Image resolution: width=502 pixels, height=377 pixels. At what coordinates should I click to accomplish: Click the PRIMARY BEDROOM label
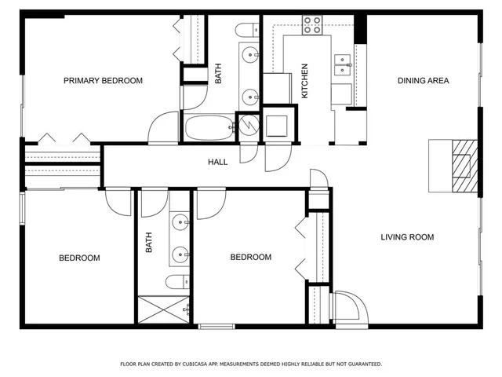click(x=103, y=81)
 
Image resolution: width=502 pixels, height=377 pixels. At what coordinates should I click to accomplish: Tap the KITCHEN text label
click(x=305, y=81)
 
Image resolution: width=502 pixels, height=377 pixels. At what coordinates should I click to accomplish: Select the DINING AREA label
click(x=423, y=81)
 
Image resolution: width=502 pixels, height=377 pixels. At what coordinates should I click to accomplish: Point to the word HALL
click(x=217, y=163)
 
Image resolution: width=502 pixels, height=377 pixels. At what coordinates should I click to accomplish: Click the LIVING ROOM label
click(x=407, y=237)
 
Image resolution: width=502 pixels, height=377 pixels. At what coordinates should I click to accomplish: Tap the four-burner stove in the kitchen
click(x=312, y=25)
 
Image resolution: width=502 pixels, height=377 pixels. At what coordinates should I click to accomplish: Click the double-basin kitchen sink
click(x=343, y=65)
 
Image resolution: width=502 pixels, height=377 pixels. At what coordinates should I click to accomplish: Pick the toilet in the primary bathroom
click(x=246, y=32)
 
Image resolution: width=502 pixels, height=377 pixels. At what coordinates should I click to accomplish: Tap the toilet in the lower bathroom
click(x=176, y=281)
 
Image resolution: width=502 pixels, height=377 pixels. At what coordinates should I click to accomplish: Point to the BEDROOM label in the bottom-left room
click(x=79, y=258)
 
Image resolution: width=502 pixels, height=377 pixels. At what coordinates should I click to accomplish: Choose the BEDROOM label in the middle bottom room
click(x=250, y=258)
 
